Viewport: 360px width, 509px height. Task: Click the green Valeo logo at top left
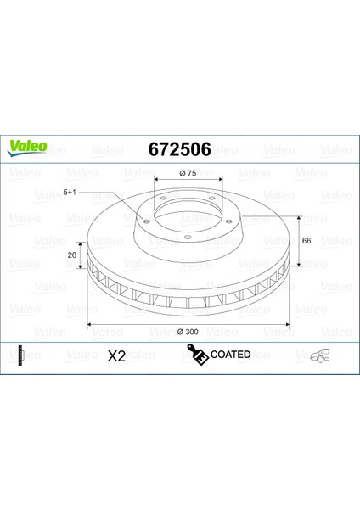(x=27, y=148)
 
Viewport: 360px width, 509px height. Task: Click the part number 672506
(x=180, y=149)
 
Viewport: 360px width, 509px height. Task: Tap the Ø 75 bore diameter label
(x=188, y=173)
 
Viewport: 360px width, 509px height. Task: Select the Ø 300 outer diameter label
(x=188, y=332)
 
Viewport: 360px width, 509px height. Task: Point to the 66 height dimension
(x=307, y=241)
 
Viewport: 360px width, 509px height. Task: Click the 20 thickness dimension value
(x=72, y=255)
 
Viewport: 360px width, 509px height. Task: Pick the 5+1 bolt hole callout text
(x=70, y=193)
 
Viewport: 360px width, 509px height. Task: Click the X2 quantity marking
(x=116, y=356)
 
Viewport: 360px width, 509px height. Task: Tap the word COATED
(x=230, y=354)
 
